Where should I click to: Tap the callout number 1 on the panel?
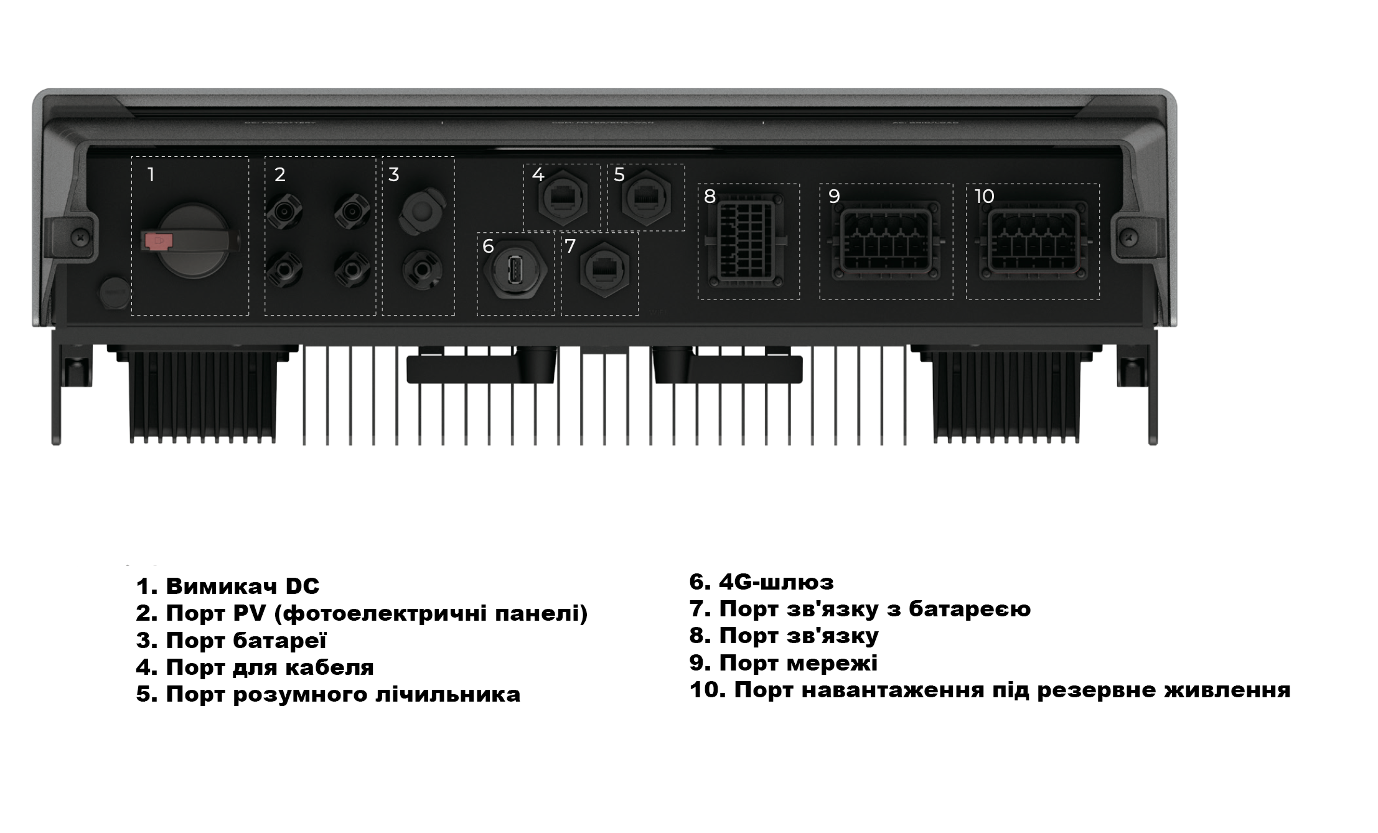[x=151, y=175]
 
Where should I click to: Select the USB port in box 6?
[x=515, y=271]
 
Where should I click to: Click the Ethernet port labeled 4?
[x=563, y=199]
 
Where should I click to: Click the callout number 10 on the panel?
[x=985, y=197]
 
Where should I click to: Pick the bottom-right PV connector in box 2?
[x=352, y=270]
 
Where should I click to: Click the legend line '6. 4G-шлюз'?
[x=761, y=582]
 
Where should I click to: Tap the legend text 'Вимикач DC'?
[x=242, y=586]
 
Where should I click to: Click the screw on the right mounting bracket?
[x=1129, y=236]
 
